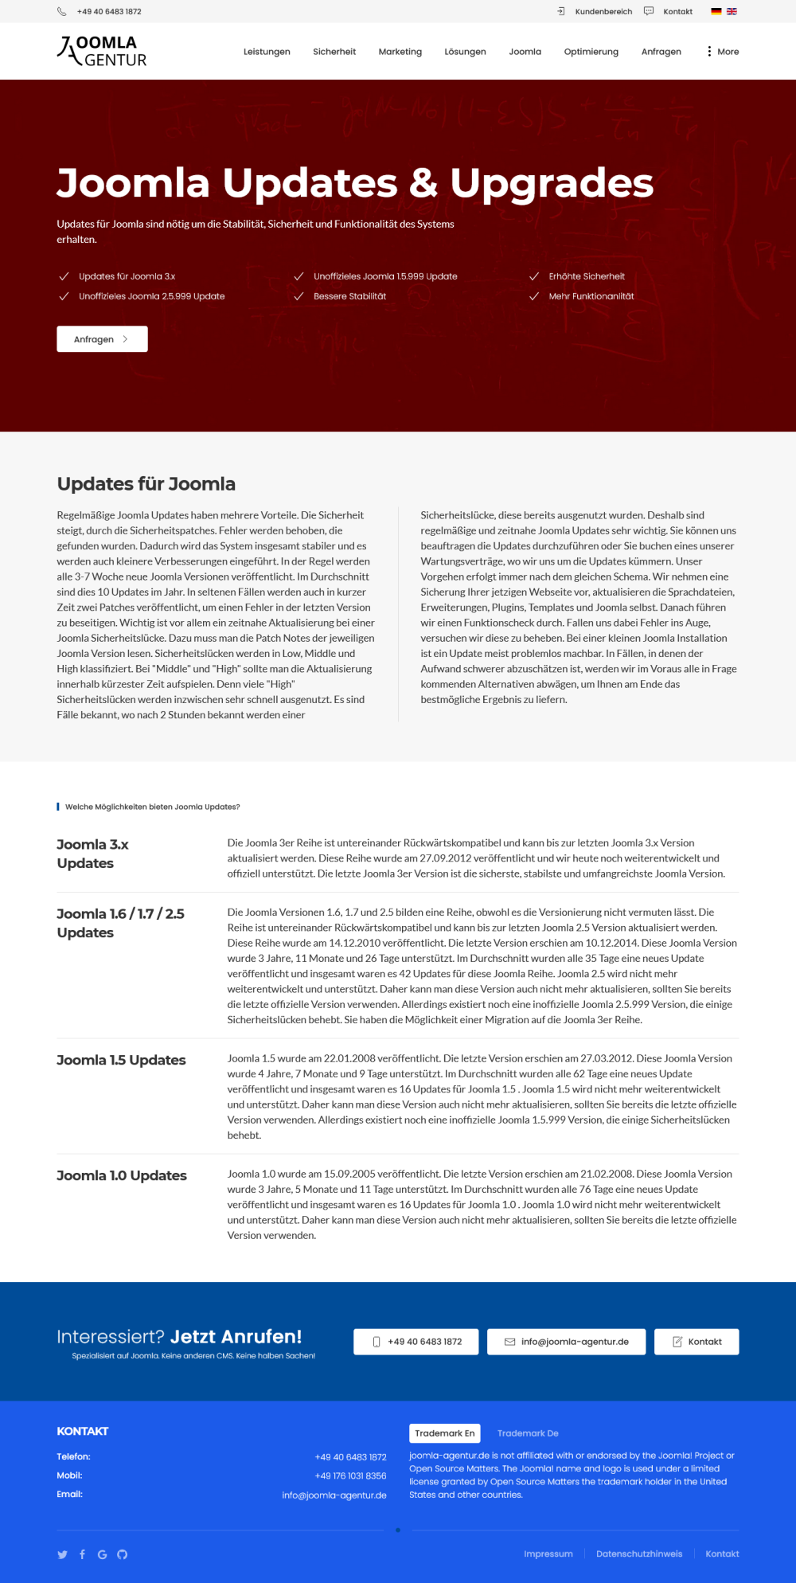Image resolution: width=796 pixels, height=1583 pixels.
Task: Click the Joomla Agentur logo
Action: point(102,51)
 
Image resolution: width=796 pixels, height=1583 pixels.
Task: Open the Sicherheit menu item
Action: point(334,52)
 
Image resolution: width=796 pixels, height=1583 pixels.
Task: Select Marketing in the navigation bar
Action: point(400,52)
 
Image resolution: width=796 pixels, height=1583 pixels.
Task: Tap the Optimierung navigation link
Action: point(591,52)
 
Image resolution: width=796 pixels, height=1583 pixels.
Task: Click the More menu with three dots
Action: point(723,52)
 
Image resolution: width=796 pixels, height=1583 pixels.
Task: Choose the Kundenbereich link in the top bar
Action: point(603,12)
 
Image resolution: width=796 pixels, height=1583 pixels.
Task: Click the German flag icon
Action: point(716,12)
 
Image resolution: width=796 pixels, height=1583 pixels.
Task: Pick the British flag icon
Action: point(732,12)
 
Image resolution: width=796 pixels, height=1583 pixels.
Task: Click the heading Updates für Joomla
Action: point(146,484)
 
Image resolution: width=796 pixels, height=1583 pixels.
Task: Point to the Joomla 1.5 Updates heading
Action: point(121,1060)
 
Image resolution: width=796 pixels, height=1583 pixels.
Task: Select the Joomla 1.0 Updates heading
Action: point(122,1175)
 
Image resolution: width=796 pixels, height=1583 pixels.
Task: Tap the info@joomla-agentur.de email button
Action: point(567,1342)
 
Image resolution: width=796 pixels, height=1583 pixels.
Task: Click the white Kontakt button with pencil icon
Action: point(696,1342)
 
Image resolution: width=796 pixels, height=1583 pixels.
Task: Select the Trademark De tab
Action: point(528,1433)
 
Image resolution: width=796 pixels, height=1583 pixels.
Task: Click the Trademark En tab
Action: point(444,1433)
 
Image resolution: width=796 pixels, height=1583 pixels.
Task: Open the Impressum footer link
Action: point(548,1554)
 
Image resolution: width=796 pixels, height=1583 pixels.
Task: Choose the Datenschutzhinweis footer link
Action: point(639,1554)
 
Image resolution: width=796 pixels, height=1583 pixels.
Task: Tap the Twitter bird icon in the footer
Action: point(63,1554)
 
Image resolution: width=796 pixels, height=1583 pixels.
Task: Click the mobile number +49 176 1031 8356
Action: point(350,1476)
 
